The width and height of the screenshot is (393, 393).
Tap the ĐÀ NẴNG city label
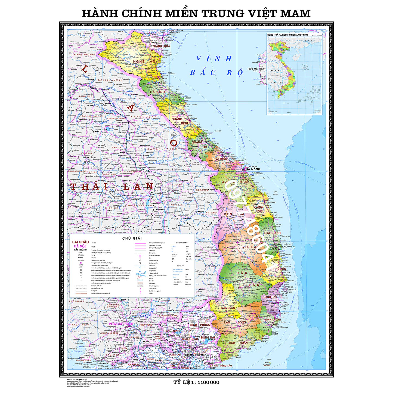253,169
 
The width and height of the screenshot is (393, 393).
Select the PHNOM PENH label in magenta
121,324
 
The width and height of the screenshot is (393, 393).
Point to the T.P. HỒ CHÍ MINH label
196,355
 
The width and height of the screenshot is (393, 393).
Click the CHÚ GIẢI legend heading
132,238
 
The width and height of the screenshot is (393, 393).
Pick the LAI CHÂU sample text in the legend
81,242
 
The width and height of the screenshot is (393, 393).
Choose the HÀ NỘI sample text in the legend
80,246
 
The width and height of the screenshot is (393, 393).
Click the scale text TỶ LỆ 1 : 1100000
196,382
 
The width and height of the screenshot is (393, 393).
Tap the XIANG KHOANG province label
84,54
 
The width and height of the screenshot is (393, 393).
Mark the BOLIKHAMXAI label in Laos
110,80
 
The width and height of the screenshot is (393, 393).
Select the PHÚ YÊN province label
280,269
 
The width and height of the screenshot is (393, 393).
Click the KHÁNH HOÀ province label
269,297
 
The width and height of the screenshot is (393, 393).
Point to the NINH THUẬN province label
273,320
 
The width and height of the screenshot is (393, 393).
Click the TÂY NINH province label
172,331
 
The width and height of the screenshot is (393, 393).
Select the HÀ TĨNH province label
157,92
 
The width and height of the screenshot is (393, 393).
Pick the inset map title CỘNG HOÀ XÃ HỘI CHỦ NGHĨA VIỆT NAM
287,35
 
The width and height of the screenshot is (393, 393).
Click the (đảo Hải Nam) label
256,69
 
